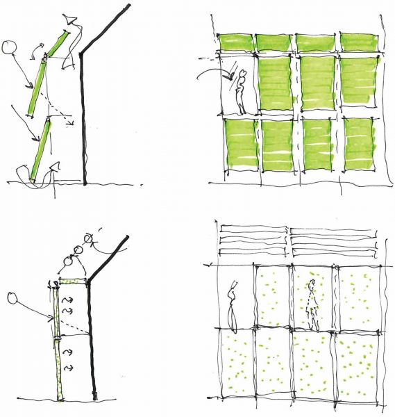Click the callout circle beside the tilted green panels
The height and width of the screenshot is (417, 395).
(9, 48)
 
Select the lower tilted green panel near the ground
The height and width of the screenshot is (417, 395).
(42, 149)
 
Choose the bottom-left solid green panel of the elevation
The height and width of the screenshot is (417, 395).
(239, 147)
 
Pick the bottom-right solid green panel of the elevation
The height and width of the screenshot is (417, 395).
(358, 147)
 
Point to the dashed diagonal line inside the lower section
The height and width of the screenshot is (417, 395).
(73, 323)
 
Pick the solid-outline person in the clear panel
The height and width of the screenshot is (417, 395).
(234, 302)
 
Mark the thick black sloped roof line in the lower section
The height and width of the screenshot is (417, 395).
(111, 257)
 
